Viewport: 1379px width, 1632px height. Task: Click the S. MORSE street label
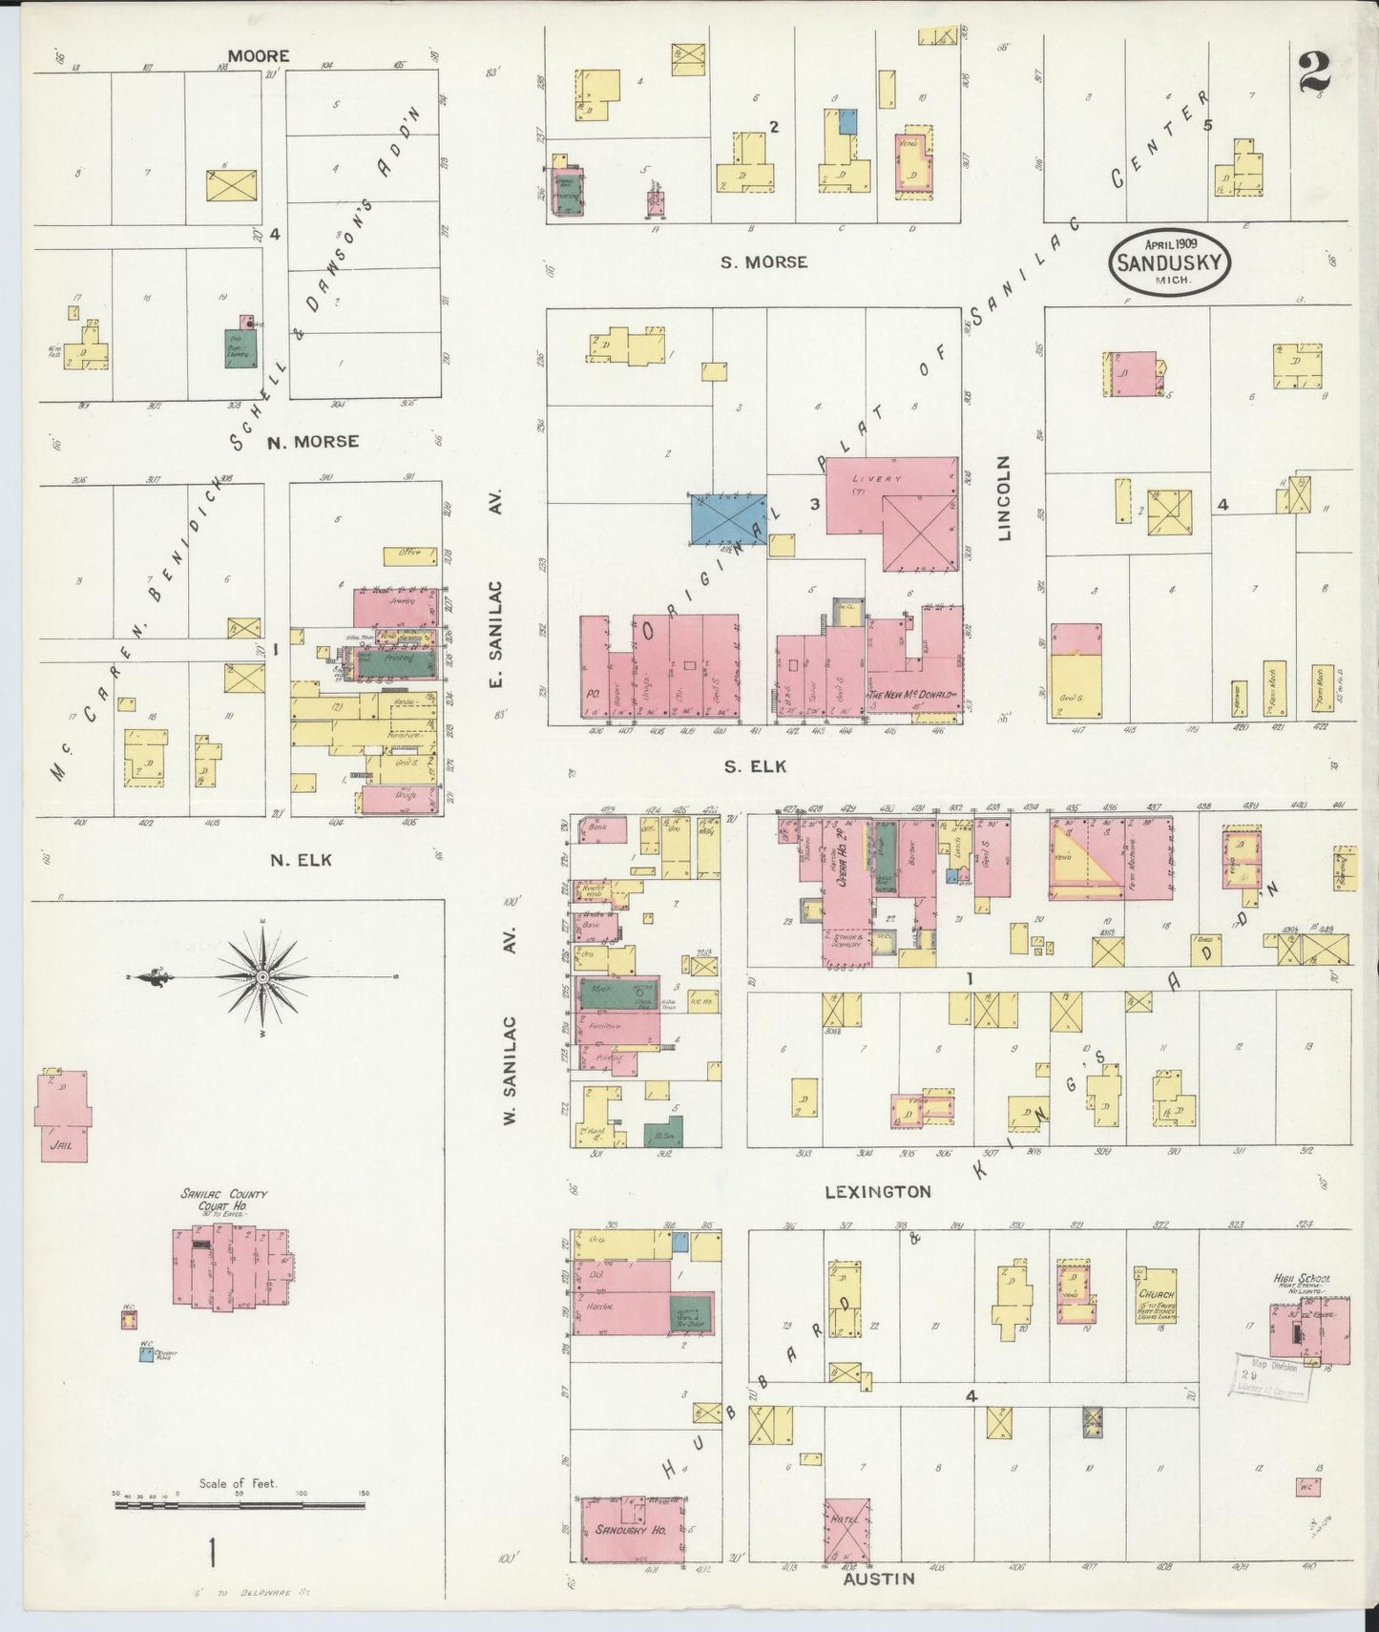pyautogui.click(x=763, y=262)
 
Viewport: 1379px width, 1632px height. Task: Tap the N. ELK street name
pyautogui.click(x=300, y=860)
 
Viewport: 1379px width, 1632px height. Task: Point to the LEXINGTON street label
pyautogui.click(x=879, y=1191)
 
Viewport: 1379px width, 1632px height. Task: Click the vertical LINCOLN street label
pyautogui.click(x=1004, y=498)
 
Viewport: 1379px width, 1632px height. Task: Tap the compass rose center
pyautogui.click(x=261, y=977)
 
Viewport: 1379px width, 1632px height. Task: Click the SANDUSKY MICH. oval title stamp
pyautogui.click(x=1169, y=260)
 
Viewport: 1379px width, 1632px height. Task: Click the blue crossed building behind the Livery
pyautogui.click(x=729, y=519)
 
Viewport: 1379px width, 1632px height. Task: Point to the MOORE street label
pyautogui.click(x=259, y=56)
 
